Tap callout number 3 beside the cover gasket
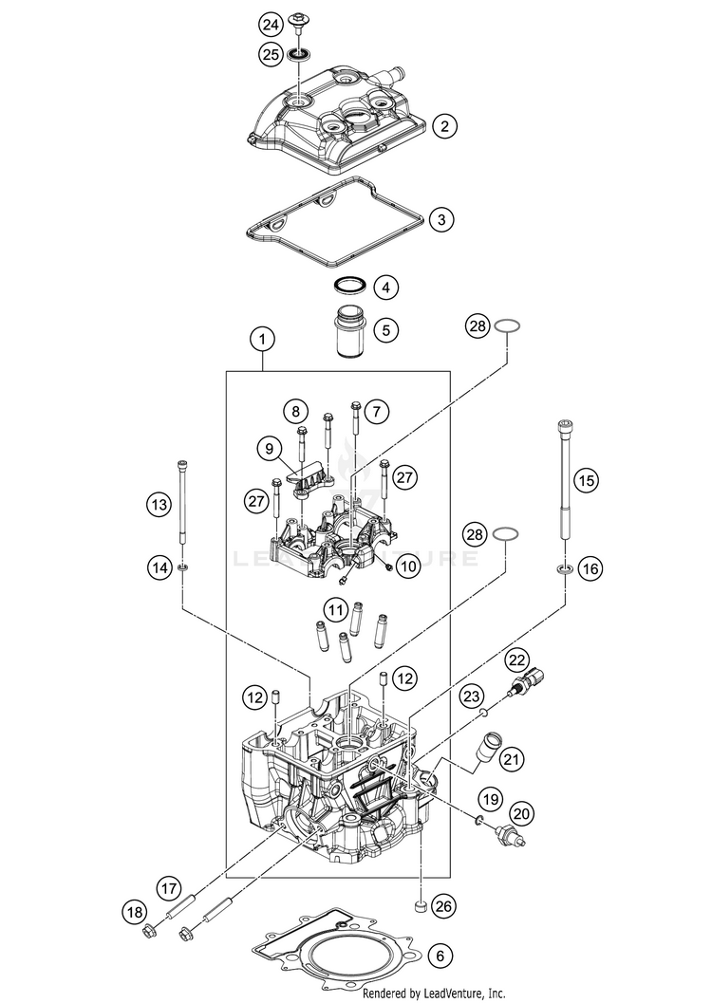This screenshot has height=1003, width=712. coord(440,220)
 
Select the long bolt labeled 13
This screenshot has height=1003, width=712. coord(180,503)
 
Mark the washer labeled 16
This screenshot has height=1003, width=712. coord(564,569)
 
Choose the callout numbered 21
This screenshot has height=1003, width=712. coord(513,758)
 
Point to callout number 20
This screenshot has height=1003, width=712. coord(520,812)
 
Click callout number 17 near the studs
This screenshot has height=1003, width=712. coord(169,889)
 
